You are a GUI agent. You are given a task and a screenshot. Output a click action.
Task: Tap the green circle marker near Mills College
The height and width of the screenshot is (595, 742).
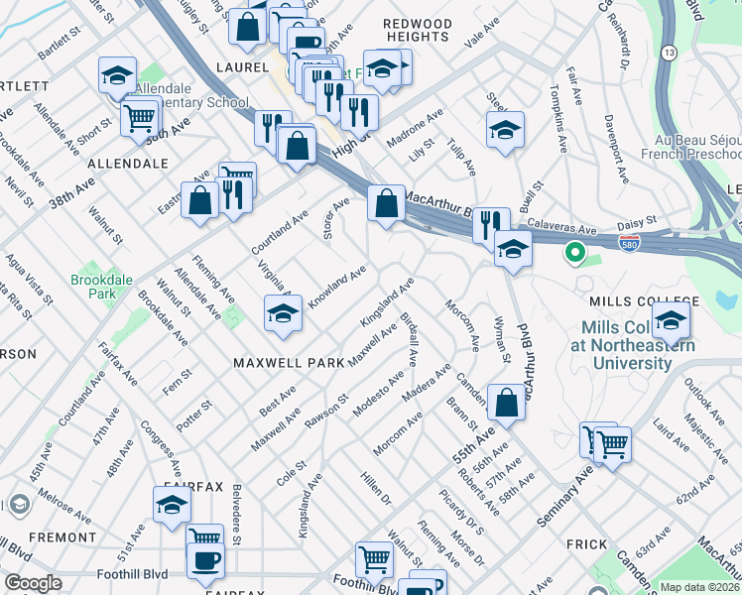click(x=574, y=253)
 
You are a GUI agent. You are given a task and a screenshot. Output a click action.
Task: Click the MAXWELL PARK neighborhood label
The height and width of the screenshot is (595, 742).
click(x=287, y=363)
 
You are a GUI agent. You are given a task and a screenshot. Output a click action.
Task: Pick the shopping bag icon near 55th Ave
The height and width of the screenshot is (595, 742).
click(x=506, y=403)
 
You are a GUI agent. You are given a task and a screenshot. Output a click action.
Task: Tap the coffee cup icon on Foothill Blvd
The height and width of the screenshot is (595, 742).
click(x=205, y=560)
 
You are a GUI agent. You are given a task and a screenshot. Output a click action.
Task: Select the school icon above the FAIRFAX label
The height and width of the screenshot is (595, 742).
click(x=173, y=505)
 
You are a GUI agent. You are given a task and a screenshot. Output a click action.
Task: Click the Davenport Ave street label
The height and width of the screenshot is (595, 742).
click(x=616, y=149)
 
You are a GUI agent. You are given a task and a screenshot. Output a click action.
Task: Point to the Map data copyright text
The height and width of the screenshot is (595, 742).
click(x=699, y=587)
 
